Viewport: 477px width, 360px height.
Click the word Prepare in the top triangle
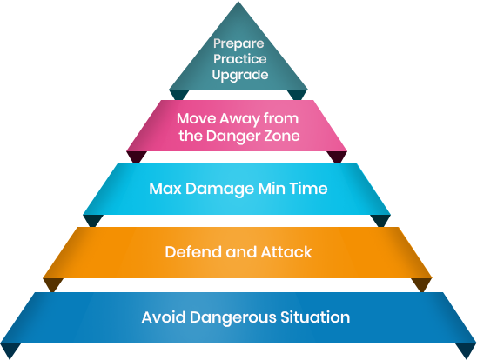(x=238, y=44)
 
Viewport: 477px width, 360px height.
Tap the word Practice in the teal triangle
(x=239, y=58)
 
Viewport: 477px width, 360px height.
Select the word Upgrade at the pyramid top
(x=240, y=75)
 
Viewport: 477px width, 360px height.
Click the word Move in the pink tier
(x=196, y=118)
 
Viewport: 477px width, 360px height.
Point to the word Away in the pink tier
(x=239, y=119)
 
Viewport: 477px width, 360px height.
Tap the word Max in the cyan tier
(x=165, y=189)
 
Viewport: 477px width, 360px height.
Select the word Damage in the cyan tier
(x=219, y=190)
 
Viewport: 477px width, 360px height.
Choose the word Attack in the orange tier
(x=286, y=252)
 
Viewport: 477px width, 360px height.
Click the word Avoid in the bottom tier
(x=164, y=317)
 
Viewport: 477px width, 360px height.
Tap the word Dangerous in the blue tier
(x=233, y=318)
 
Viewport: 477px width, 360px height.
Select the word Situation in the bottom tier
(x=315, y=317)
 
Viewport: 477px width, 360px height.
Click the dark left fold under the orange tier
(x=53, y=284)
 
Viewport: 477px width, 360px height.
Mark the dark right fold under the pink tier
(x=337, y=157)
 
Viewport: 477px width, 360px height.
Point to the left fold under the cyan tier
(x=93, y=220)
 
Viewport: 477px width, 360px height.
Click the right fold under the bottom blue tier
(x=466, y=350)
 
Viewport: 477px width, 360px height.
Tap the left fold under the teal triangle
(x=179, y=94)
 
